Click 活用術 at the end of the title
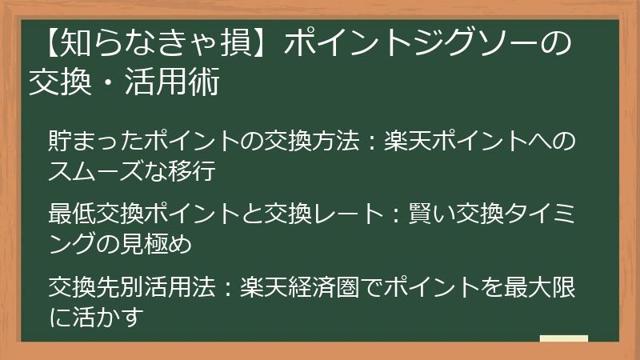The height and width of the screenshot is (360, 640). [x=185, y=82]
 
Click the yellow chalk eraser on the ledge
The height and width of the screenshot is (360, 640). [x=564, y=340]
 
